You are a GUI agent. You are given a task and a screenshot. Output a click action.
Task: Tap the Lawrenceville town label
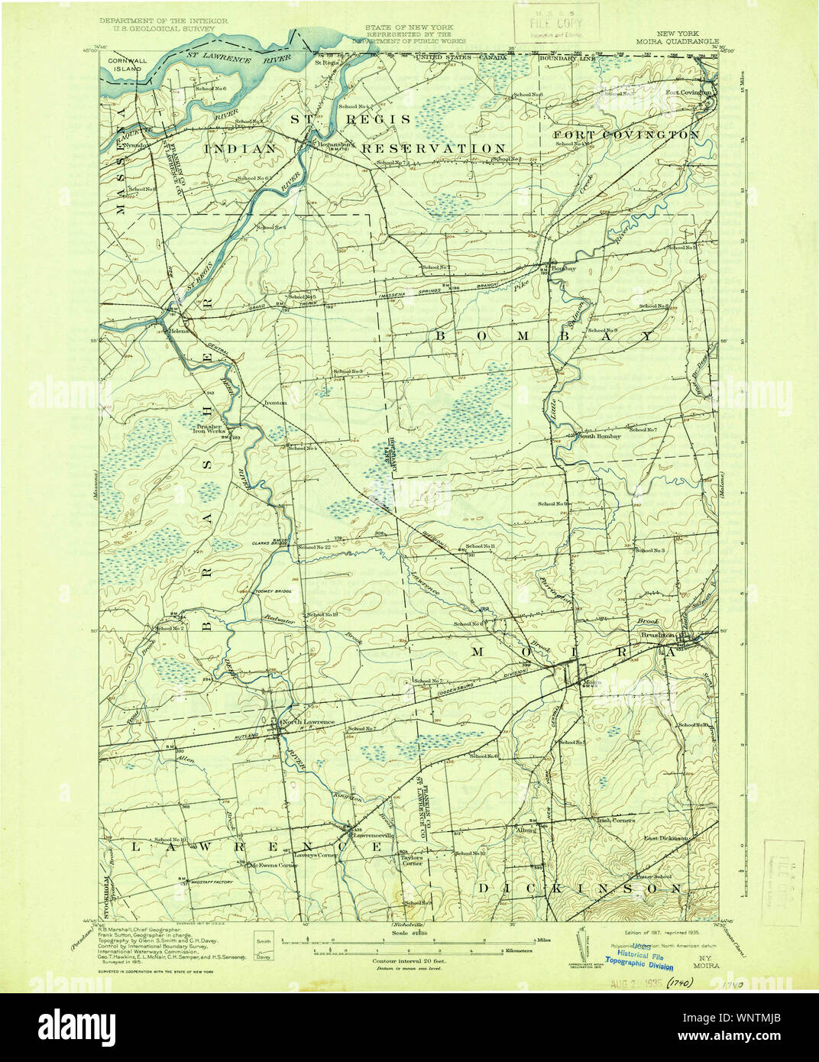pyautogui.click(x=372, y=835)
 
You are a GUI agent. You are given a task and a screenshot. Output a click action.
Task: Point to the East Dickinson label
pyautogui.click(x=665, y=838)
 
